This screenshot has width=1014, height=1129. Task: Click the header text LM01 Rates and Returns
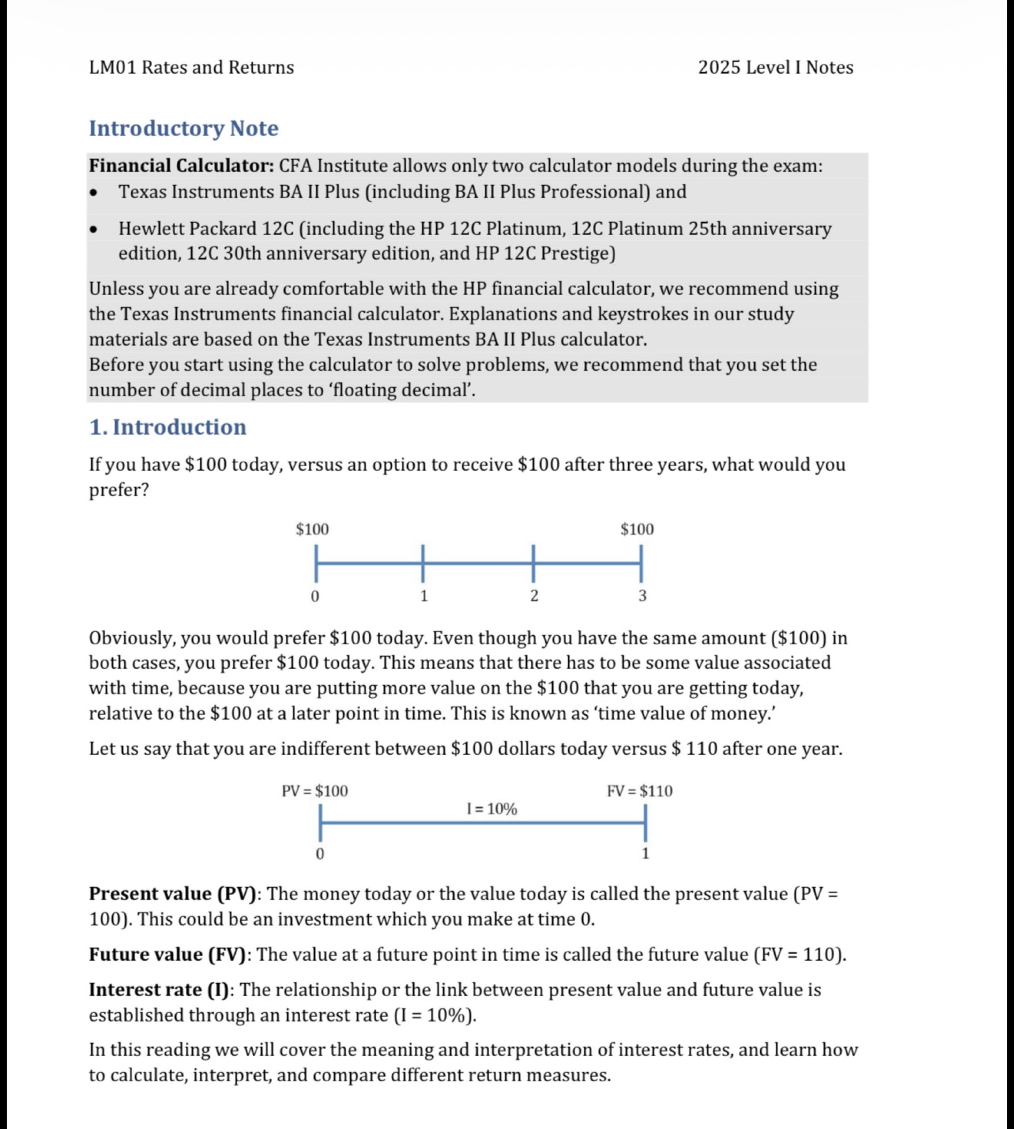coord(191,68)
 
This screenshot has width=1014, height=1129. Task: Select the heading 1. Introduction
coord(167,427)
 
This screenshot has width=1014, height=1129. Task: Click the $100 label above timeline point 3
coord(637,529)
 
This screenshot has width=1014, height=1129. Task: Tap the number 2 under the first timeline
coord(534,596)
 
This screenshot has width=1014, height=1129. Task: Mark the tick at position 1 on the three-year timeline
coord(423,563)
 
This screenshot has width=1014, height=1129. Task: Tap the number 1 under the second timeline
coord(645,853)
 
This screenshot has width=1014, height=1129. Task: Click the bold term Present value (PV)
coord(173,894)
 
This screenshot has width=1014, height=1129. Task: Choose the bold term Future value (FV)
coord(167,954)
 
